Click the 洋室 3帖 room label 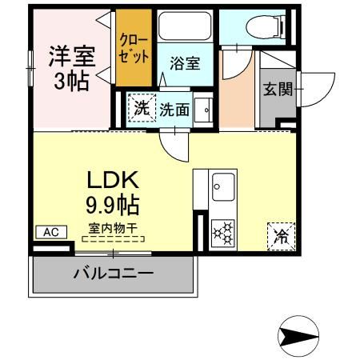click(72, 69)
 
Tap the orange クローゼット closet click(134, 48)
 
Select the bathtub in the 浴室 click(185, 26)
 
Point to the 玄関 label click(278, 90)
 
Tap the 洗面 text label click(174, 110)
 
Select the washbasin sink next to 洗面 click(203, 110)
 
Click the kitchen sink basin click(223, 187)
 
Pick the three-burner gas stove click(223, 233)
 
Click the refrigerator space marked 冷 click(282, 237)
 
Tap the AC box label click(51, 232)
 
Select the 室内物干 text click(113, 228)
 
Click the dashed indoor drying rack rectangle click(113, 239)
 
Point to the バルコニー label click(113, 274)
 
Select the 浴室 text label click(185, 63)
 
